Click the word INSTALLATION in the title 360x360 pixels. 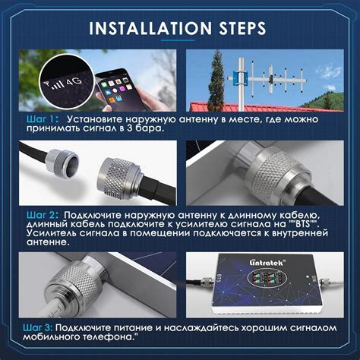tap(150, 28)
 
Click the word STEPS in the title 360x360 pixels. tap(242, 28)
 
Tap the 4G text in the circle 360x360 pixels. tap(74, 82)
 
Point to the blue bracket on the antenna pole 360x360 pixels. tap(241, 77)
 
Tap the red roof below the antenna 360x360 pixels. tap(253, 107)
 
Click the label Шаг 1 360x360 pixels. tap(43, 119)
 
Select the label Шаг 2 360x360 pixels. tap(43, 215)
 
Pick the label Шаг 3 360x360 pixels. tap(38, 327)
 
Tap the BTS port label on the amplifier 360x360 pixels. tap(219, 278)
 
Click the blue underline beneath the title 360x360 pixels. tap(178, 40)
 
